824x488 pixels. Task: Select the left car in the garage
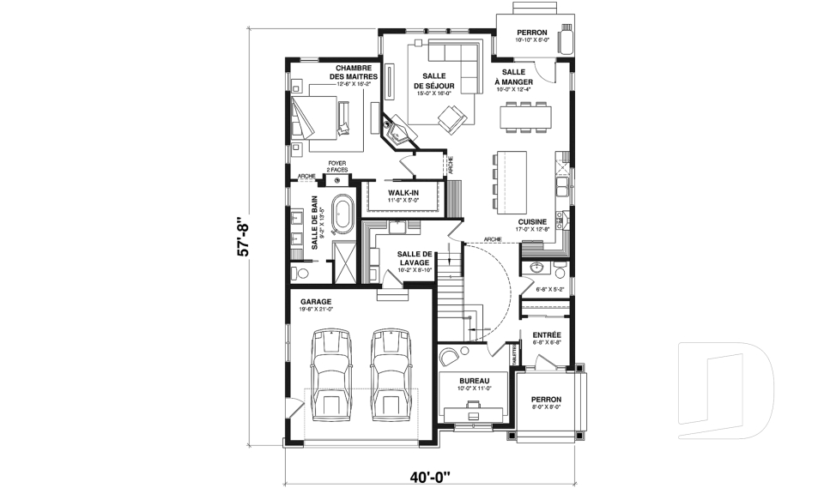tap(330, 374)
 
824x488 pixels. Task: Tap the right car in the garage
tap(390, 374)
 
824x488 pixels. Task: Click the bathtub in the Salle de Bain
tap(342, 214)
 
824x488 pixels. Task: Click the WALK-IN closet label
tap(403, 193)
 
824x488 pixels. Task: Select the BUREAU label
tap(473, 380)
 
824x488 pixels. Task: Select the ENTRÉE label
tap(547, 334)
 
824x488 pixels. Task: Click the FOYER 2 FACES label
tap(336, 168)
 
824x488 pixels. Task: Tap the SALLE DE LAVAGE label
tap(415, 257)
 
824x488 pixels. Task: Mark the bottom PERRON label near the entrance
tap(545, 400)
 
